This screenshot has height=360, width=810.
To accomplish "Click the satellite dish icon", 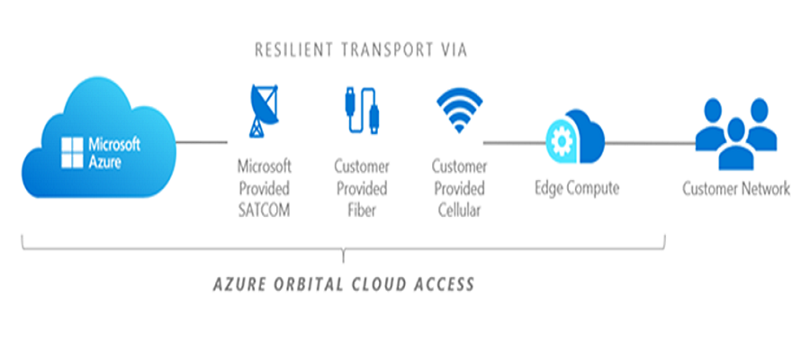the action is [264, 111].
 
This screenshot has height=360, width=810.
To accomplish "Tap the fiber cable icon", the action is [362, 112].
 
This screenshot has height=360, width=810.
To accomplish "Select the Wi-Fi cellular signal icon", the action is [459, 110].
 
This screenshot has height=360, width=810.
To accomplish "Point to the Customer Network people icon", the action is [735, 134].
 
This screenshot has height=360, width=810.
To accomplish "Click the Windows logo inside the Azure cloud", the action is [72, 153].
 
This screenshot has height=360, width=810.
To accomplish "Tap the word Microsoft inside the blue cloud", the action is [114, 144].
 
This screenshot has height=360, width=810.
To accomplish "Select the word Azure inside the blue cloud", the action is [105, 162].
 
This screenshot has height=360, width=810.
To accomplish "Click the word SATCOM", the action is [264, 211].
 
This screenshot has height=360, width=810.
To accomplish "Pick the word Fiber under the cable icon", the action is [362, 211].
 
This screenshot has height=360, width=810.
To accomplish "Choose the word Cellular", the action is [459, 211].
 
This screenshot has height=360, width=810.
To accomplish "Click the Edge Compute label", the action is [577, 188].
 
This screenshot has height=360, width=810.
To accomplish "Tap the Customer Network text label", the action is [736, 188].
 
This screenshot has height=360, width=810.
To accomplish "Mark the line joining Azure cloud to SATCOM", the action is [202, 142].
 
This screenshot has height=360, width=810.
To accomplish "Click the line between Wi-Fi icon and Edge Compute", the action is [515, 142].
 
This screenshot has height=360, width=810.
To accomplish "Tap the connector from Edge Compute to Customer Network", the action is [650, 142].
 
